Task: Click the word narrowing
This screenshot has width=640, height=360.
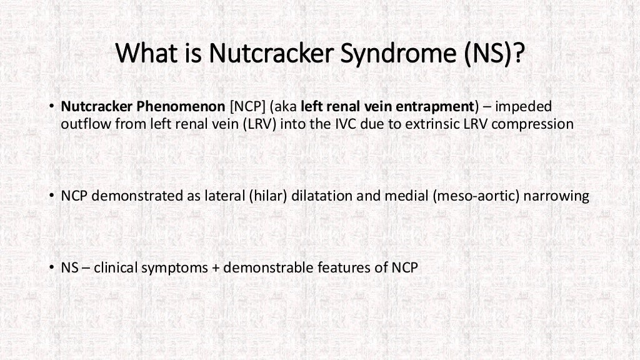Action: click(556, 196)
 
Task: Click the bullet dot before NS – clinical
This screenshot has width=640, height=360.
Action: click(52, 268)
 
